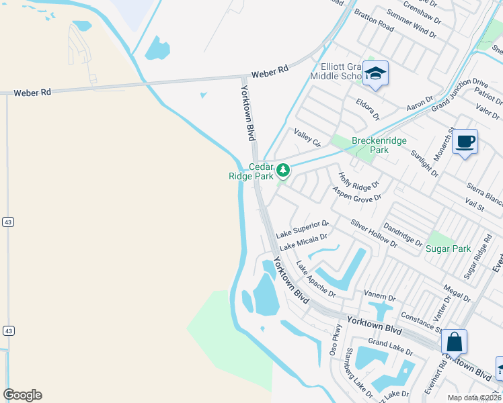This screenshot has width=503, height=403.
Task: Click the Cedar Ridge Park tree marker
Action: click(283, 171)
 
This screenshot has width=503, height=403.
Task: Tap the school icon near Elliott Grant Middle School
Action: click(375, 74)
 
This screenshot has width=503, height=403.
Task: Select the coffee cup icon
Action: click(465, 142)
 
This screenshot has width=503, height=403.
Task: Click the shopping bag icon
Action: click(455, 341)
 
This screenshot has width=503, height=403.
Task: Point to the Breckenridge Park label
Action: click(370, 145)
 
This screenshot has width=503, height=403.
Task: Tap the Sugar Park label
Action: click(448, 249)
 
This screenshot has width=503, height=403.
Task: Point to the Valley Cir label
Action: click(307, 138)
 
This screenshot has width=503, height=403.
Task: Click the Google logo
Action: click(22, 395)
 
